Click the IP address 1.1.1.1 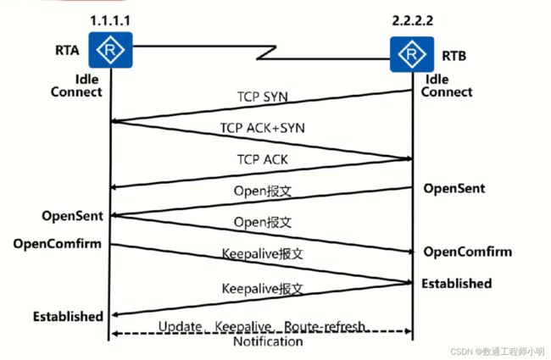click(110, 20)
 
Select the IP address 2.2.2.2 click(413, 20)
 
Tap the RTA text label click(67, 50)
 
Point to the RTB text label click(454, 56)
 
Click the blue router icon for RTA click(110, 50)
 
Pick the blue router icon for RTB click(412, 54)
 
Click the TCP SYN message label click(263, 97)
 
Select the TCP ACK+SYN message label click(263, 128)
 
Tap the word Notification click(268, 341)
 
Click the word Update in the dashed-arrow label click(181, 327)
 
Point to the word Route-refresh click(324, 327)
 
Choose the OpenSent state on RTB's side click(454, 189)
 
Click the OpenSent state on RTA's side click(72, 216)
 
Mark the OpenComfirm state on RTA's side click(58, 244)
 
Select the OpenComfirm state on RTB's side click(467, 252)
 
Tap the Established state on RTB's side click(456, 284)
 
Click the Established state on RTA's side click(68, 317)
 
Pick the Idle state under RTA click(86, 80)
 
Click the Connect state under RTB click(447, 92)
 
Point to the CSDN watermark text click(498, 352)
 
